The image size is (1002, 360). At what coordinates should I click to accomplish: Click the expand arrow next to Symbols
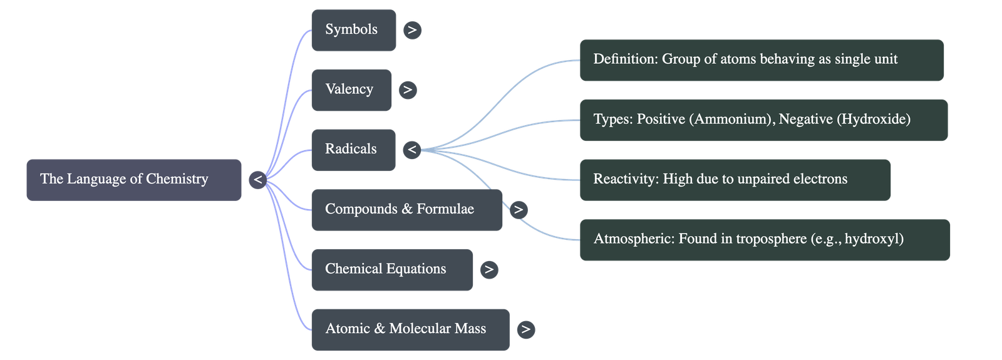point(411,30)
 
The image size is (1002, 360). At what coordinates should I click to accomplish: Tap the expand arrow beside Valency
point(407,90)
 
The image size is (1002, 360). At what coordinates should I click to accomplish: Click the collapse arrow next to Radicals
point(411,150)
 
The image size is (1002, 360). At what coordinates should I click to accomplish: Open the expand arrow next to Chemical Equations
point(488,270)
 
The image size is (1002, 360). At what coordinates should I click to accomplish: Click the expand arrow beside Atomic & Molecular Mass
point(525,329)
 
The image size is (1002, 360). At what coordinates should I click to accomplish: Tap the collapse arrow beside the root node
point(257,180)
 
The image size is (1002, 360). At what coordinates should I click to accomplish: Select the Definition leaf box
point(761,60)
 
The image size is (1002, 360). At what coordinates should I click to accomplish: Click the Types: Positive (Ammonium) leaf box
point(763,120)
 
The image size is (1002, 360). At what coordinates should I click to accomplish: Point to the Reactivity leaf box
point(735,180)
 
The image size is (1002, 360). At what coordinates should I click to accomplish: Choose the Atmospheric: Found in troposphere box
point(764,240)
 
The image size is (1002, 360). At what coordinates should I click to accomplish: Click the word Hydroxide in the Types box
point(873,119)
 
